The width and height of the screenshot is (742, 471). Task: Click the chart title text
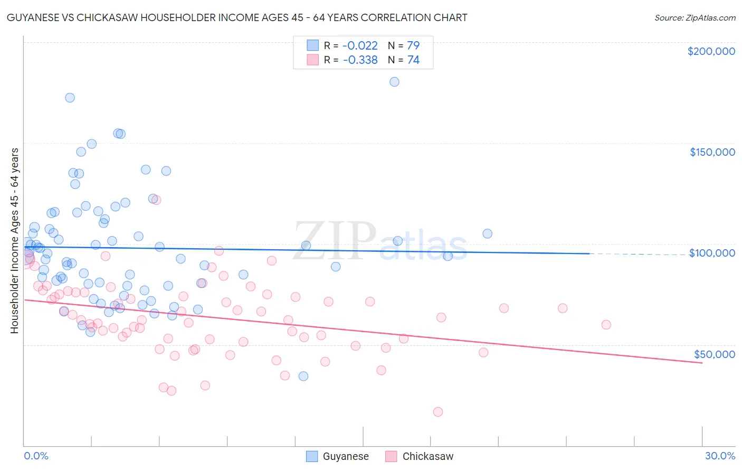click(237, 17)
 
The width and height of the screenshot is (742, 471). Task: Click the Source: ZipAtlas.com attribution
click(695, 17)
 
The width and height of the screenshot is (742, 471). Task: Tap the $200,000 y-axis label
click(711, 51)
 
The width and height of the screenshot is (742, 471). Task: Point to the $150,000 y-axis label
click(712, 152)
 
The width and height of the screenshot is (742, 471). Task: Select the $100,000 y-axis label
click(712, 253)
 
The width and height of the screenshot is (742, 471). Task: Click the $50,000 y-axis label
click(714, 354)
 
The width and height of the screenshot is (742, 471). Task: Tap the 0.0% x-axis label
click(36, 456)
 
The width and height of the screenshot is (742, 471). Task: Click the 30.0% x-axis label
click(720, 456)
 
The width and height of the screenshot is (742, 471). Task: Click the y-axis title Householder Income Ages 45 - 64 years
click(15, 240)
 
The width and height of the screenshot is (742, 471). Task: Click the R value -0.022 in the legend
click(360, 45)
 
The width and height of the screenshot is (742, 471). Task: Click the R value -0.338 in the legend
click(360, 60)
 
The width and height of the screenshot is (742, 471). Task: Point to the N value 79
click(413, 45)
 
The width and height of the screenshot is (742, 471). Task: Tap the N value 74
click(413, 60)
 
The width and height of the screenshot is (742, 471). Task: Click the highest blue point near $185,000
click(394, 82)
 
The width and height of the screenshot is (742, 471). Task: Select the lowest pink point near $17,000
click(437, 412)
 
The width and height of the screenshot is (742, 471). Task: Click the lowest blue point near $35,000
click(303, 376)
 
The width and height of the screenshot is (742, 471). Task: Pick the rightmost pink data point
click(606, 325)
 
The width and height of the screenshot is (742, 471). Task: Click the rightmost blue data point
click(487, 233)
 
